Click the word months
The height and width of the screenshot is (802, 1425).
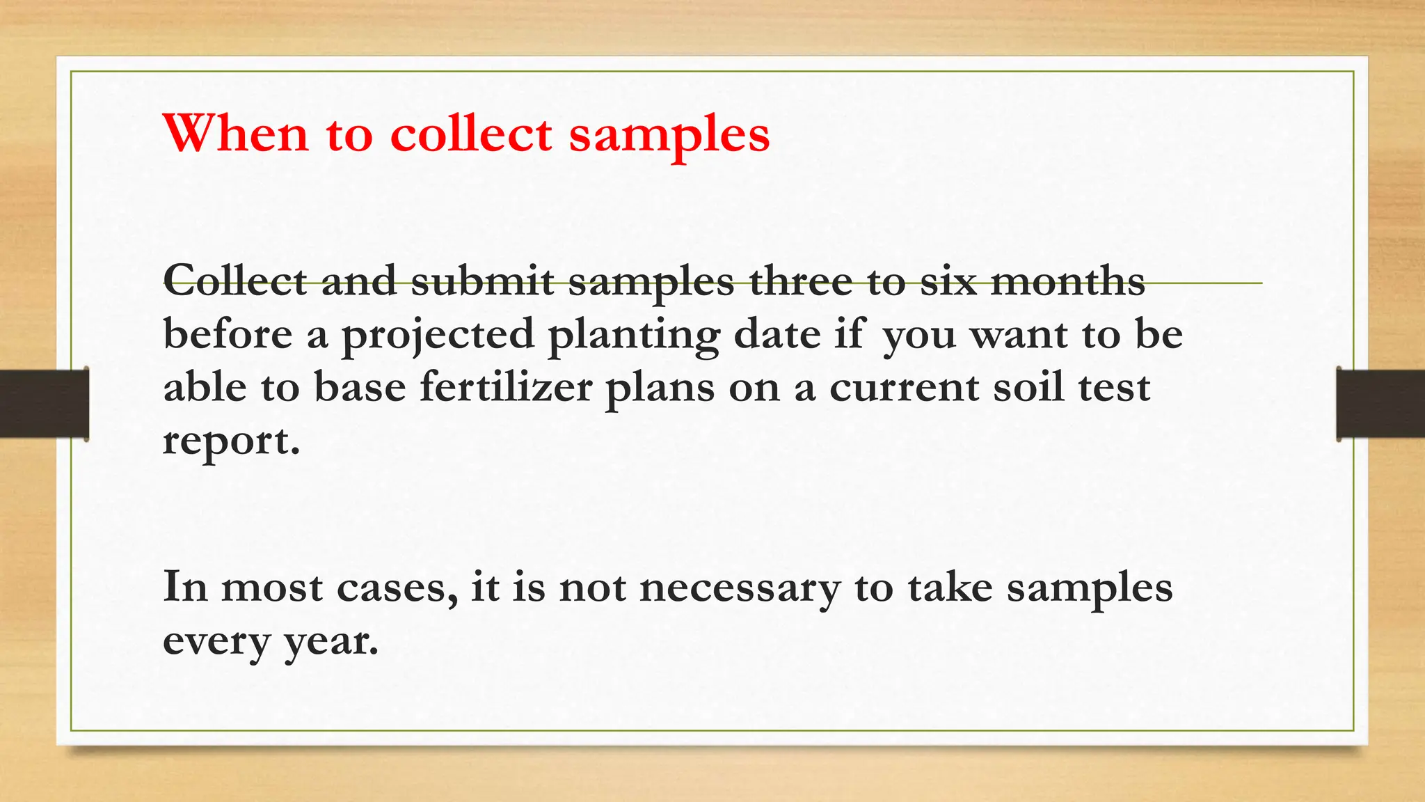click(1067, 281)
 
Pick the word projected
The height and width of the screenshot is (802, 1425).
click(437, 336)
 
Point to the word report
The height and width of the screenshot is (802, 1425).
click(231, 441)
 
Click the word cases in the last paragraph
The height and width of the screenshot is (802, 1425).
click(397, 588)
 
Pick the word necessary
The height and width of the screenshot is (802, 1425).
click(740, 589)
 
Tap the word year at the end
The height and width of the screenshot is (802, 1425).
click(331, 642)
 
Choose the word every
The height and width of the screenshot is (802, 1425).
click(216, 642)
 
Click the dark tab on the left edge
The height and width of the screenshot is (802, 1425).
click(44, 404)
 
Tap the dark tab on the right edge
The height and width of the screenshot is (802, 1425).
click(1380, 404)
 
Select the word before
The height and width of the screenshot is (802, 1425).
click(228, 334)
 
